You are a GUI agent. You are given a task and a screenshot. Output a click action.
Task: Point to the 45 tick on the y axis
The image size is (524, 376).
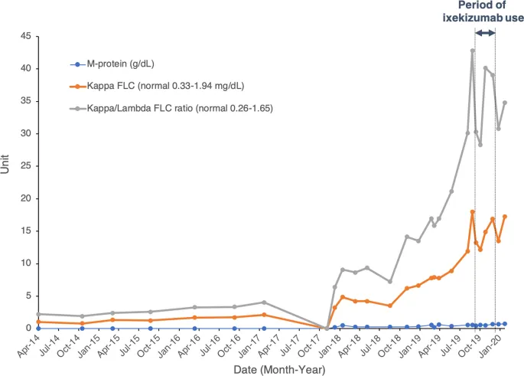[24, 36]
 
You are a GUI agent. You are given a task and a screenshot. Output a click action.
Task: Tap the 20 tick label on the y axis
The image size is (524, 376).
[24, 198]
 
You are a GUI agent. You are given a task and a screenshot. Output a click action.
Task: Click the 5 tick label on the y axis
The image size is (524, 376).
[28, 296]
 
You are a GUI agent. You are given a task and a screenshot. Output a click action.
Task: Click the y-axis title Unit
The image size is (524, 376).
[7, 182]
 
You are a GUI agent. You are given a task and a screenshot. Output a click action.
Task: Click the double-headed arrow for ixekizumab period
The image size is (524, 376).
[485, 33]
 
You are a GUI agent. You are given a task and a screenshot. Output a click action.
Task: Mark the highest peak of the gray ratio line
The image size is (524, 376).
[473, 51]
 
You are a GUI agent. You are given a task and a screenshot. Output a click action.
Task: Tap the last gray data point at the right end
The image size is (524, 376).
[505, 103]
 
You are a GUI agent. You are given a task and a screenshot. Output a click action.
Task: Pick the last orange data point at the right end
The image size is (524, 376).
[505, 217]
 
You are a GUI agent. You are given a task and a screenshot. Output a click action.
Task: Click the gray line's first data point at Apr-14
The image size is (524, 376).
[37, 314]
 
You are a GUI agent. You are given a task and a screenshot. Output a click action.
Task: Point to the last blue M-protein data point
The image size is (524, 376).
[505, 324]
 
